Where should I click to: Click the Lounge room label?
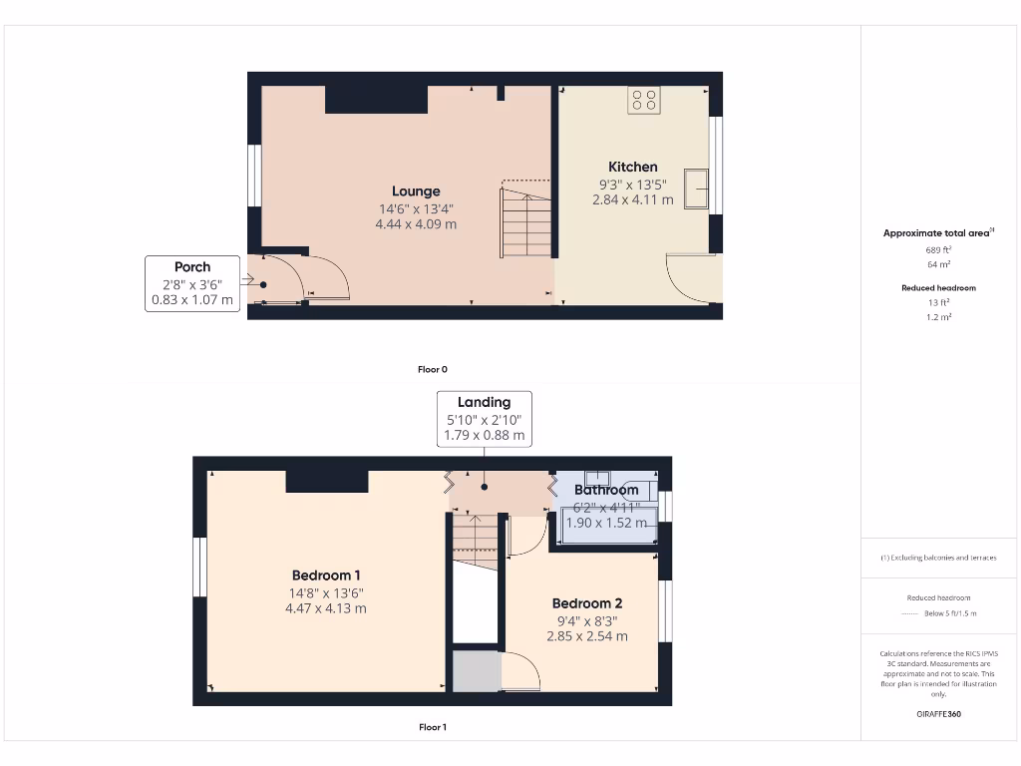click(416, 191)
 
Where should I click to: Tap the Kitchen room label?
click(633, 167)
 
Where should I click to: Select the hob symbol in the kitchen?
click(644, 100)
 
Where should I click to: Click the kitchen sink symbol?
click(695, 190)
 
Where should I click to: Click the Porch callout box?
click(192, 283)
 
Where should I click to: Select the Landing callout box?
click(484, 419)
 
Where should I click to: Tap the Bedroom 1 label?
click(326, 575)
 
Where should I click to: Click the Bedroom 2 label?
click(587, 603)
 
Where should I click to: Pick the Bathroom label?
click(606, 490)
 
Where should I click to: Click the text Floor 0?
click(433, 369)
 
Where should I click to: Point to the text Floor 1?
click(433, 728)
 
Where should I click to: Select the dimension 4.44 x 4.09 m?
click(416, 224)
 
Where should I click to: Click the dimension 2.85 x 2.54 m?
click(587, 635)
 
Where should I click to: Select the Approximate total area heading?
click(938, 233)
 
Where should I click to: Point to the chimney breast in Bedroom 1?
click(327, 481)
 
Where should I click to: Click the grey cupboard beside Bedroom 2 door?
click(476, 671)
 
